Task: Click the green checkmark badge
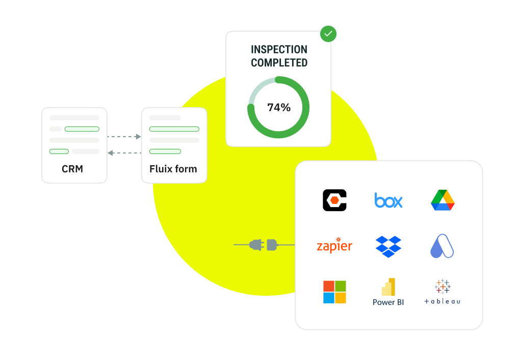point(328,34)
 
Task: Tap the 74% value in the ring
point(279,108)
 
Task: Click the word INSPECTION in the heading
point(279,49)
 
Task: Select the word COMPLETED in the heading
point(279,63)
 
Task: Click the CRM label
point(72,169)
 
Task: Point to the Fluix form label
point(173,169)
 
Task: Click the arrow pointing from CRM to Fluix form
point(124,137)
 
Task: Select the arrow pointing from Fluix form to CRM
point(124,152)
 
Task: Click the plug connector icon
point(263,245)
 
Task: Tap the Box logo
point(388,200)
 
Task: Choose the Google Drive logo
point(442,200)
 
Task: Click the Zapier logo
point(334,246)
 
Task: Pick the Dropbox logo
point(388,246)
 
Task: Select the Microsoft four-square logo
point(334,292)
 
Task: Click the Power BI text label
point(388,302)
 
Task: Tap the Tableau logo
point(442,292)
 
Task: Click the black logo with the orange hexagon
point(334,200)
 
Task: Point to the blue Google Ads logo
point(442,246)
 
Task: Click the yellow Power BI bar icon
point(389,287)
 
